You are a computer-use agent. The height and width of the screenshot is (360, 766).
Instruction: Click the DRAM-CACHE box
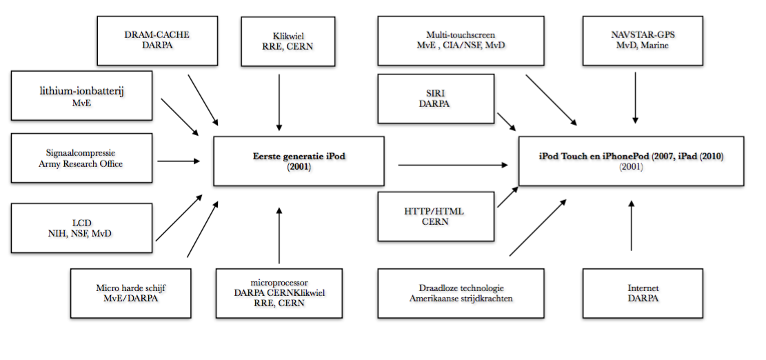[x=157, y=39]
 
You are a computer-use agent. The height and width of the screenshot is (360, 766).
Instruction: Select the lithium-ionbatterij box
[x=82, y=95]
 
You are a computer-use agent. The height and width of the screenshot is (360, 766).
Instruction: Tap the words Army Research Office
[x=82, y=163]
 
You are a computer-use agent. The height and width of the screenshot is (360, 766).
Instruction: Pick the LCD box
[x=82, y=228]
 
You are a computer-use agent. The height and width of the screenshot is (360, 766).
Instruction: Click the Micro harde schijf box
[x=130, y=292]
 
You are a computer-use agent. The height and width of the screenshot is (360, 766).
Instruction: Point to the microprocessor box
[x=279, y=292]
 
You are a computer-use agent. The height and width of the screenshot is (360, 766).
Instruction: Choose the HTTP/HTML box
[x=436, y=216]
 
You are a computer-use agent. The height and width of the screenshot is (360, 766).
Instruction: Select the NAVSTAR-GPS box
[x=635, y=39]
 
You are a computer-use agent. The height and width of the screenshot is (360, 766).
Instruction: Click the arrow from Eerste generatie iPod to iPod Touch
[x=452, y=165]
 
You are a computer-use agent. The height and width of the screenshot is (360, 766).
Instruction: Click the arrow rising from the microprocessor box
[x=279, y=234]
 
